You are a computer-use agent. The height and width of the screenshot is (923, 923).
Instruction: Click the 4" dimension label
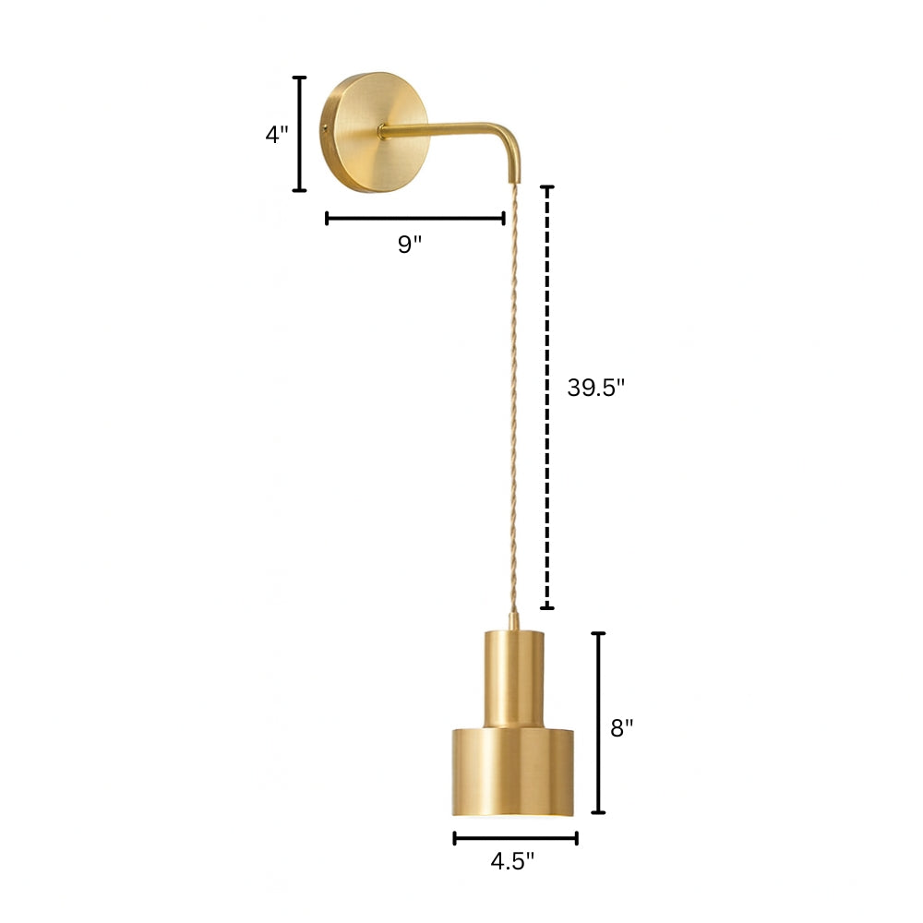277,134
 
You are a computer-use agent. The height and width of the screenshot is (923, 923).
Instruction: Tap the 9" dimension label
410,245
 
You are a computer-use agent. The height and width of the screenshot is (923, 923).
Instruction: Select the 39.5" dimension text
596,388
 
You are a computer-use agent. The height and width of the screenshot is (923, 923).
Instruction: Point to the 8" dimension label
622,727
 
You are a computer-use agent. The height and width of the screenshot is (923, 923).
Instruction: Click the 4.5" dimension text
512,862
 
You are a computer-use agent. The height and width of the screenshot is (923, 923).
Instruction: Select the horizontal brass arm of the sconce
443,131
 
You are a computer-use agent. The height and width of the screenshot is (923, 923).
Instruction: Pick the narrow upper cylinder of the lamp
512,674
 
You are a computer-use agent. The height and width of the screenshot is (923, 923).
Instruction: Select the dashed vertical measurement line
547,397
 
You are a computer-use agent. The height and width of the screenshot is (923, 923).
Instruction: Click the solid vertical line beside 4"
299,134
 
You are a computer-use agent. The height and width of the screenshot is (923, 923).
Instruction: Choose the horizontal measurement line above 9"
415,219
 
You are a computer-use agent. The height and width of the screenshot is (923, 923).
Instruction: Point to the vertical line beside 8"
598,723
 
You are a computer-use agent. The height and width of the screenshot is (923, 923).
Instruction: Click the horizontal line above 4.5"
515,838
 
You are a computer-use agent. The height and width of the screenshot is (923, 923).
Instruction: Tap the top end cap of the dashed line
547,187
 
